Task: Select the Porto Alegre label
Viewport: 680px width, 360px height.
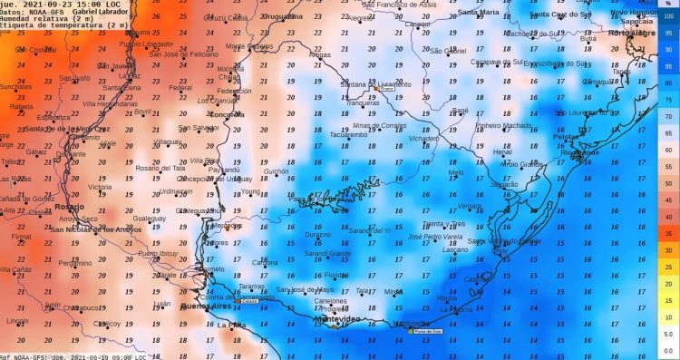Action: [632, 33]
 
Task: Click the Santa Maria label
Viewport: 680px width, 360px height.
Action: [478, 13]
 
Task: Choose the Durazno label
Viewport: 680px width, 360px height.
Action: [317, 234]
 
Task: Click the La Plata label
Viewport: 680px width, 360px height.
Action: [231, 324]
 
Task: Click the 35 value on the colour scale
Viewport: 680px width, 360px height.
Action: [668, 233]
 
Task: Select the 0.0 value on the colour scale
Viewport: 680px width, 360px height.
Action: [667, 349]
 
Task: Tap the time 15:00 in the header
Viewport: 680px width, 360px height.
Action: [77, 3]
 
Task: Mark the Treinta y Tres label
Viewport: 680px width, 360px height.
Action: [444, 223]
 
